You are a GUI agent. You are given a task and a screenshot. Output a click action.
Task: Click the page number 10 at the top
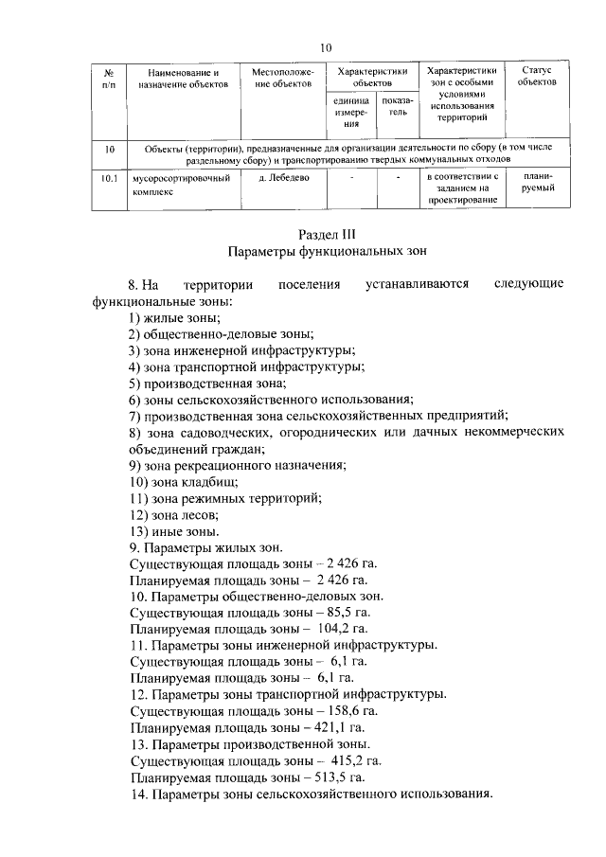tap(326, 47)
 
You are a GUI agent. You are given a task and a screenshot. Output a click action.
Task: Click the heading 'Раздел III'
tap(327, 233)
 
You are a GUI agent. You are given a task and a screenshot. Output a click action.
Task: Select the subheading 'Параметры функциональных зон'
tap(327, 252)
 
